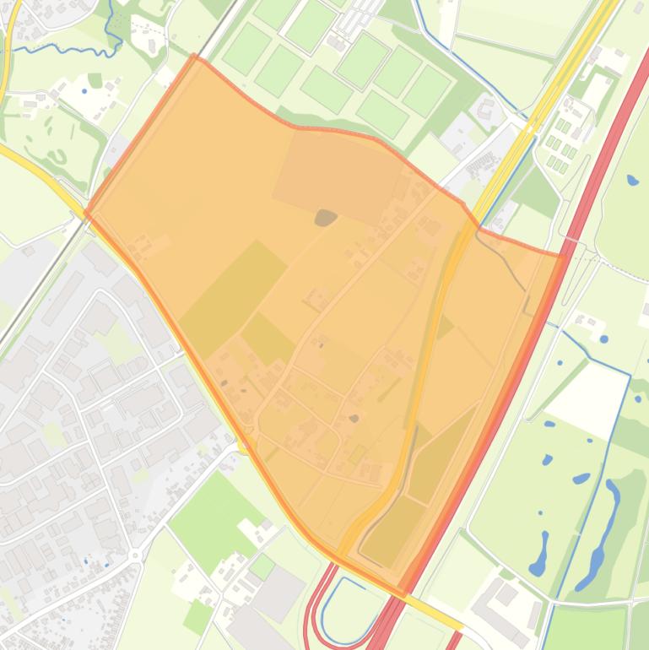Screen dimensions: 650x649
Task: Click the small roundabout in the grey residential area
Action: pyautogui.click(x=134, y=555)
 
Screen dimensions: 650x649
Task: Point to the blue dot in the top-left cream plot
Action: pyautogui.click(x=84, y=90)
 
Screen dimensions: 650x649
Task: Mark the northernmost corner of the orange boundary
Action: pyautogui.click(x=195, y=57)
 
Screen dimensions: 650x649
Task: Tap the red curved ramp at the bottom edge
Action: pyautogui.click(x=310, y=612)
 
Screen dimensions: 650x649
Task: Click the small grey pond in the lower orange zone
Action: pyautogui.click(x=354, y=418)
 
